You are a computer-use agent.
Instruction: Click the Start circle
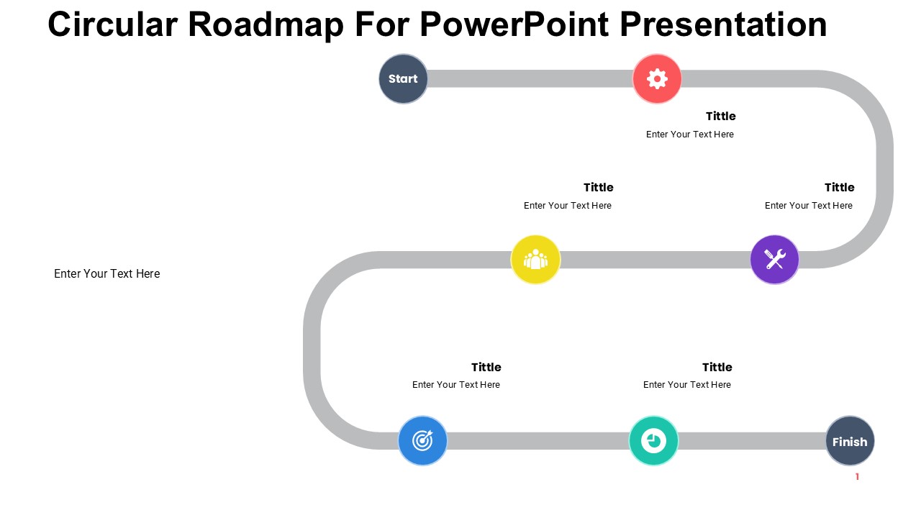(x=403, y=78)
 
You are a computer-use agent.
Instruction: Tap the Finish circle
(x=850, y=441)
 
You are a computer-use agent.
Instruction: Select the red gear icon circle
(x=657, y=78)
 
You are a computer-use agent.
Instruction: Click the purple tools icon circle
(x=775, y=260)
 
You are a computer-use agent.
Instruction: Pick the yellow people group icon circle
(x=535, y=260)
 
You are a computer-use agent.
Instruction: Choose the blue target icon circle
(x=422, y=441)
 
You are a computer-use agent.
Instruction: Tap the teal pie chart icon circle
(x=653, y=441)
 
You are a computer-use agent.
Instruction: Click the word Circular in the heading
(x=113, y=24)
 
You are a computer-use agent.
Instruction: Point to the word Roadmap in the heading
(x=266, y=25)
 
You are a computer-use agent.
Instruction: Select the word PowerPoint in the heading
(x=514, y=24)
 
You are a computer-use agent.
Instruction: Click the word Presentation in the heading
(x=723, y=24)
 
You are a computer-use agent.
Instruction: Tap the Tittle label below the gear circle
(x=721, y=117)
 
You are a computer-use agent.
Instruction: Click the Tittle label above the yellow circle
(x=598, y=188)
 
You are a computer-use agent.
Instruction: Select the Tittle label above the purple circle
(x=839, y=188)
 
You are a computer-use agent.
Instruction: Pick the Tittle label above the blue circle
(x=486, y=367)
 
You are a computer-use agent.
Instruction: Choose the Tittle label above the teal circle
(x=717, y=367)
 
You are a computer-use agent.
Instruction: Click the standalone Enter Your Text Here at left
(x=107, y=274)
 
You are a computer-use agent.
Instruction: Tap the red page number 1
(x=857, y=476)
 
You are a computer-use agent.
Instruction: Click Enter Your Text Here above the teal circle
(x=687, y=385)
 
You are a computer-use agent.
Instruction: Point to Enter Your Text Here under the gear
(x=690, y=135)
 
